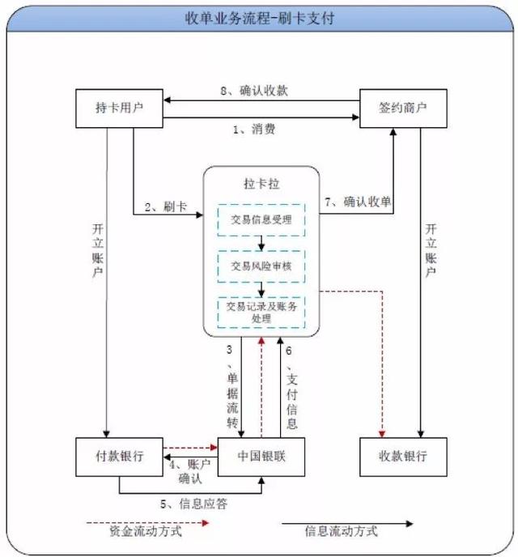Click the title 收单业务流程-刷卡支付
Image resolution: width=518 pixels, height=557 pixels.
click(x=259, y=16)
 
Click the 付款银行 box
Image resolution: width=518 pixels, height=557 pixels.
click(x=119, y=456)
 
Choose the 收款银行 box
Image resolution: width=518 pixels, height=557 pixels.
click(x=403, y=456)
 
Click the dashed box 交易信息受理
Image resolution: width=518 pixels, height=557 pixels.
click(x=261, y=219)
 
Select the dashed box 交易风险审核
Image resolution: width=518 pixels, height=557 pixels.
click(x=261, y=266)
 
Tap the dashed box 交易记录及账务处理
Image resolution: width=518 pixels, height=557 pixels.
click(x=261, y=312)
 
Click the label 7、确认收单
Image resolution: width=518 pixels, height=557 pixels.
click(x=359, y=202)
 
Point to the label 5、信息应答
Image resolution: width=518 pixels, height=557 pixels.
click(x=193, y=504)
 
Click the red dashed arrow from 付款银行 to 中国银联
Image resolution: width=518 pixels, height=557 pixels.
click(x=190, y=446)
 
